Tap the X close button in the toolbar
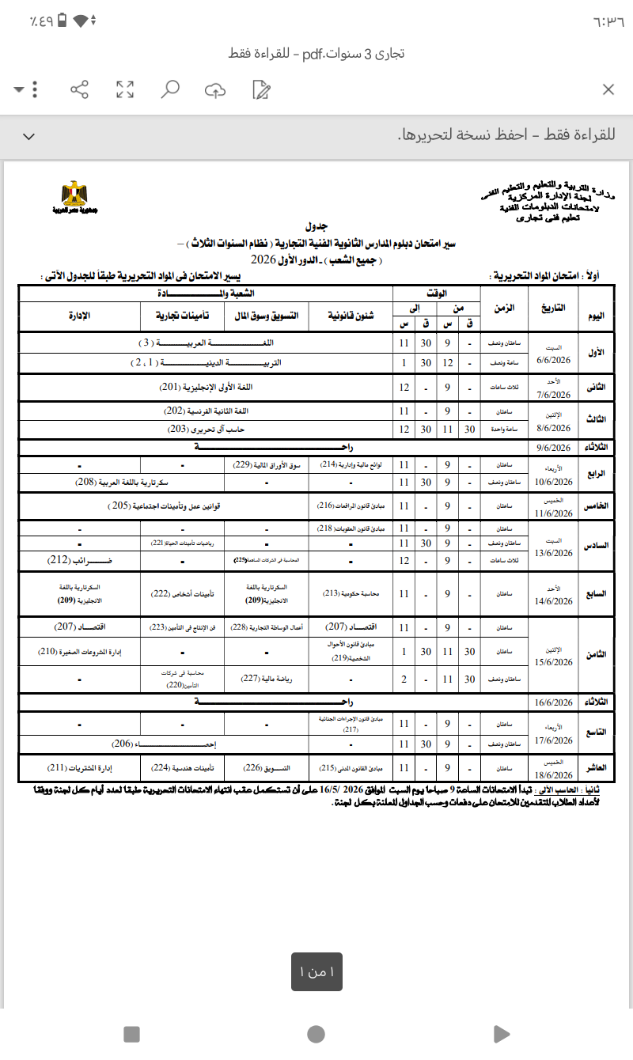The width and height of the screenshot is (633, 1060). point(608,89)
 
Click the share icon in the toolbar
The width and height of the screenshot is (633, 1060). point(79,89)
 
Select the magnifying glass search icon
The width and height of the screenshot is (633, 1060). point(169,89)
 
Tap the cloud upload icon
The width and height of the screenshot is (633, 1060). point(214,90)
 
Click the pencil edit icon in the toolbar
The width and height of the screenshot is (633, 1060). point(260,89)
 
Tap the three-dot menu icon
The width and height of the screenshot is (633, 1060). point(36,89)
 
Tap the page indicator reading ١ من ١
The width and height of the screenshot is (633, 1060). point(316,972)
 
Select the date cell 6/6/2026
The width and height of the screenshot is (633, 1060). point(552,360)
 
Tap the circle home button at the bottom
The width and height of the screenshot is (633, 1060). point(316,1034)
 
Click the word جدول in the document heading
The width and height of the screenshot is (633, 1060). point(316,225)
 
